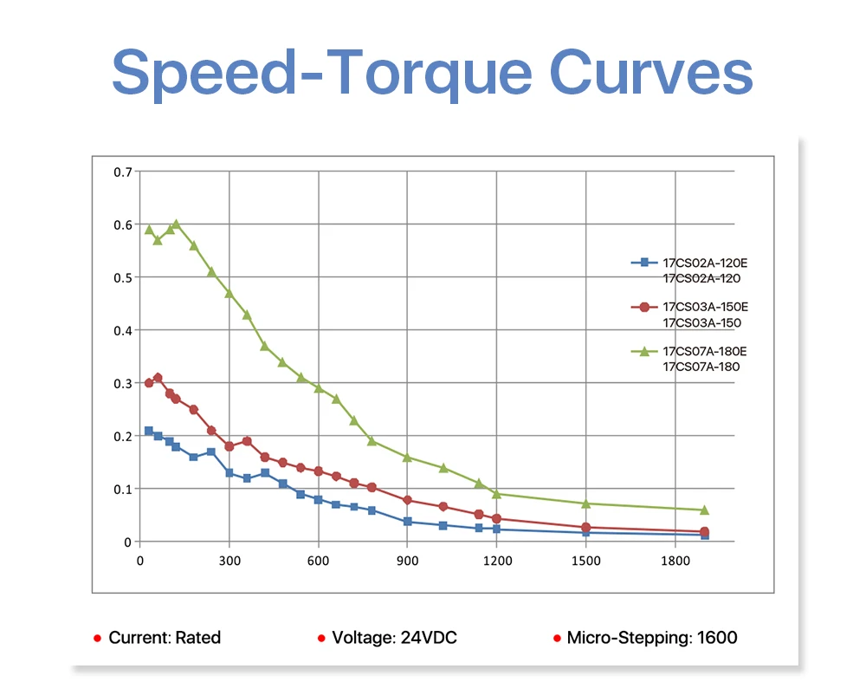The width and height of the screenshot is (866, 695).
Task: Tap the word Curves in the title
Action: pyautogui.click(x=651, y=72)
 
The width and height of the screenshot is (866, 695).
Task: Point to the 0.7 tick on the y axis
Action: pyautogui.click(x=123, y=172)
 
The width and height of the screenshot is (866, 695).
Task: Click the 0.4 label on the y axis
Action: pyautogui.click(x=123, y=331)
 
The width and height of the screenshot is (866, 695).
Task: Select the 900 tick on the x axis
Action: pyautogui.click(x=408, y=561)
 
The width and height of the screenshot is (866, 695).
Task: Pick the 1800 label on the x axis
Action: pyautogui.click(x=675, y=561)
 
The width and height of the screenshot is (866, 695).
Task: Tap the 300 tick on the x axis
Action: pyautogui.click(x=229, y=561)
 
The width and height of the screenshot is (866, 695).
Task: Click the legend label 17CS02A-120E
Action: pyautogui.click(x=705, y=263)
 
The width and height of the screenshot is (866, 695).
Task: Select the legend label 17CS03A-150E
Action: pyautogui.click(x=705, y=307)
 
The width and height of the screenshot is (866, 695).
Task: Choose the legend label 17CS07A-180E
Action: pyautogui.click(x=705, y=351)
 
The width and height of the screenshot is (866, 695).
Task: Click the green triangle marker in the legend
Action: pyautogui.click(x=644, y=351)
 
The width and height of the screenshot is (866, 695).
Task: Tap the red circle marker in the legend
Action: pyautogui.click(x=644, y=307)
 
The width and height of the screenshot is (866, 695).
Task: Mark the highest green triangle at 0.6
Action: pyautogui.click(x=176, y=224)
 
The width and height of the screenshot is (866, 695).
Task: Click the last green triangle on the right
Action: pyautogui.click(x=704, y=510)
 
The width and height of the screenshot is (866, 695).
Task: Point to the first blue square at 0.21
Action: pyautogui.click(x=149, y=431)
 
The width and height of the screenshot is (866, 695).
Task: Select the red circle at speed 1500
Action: pyautogui.click(x=586, y=528)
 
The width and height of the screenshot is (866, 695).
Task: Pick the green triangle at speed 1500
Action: pyautogui.click(x=586, y=503)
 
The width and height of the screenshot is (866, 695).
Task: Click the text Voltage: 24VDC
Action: pyautogui.click(x=394, y=638)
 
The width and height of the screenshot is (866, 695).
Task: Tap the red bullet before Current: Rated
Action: pyautogui.click(x=97, y=639)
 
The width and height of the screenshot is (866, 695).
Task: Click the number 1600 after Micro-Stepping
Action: pyautogui.click(x=717, y=638)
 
